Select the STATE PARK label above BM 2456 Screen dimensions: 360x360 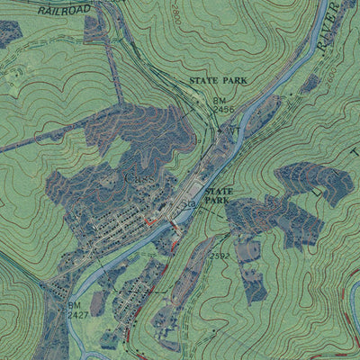click(x=218, y=81)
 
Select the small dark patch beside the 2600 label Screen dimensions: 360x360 click(x=311, y=83)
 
